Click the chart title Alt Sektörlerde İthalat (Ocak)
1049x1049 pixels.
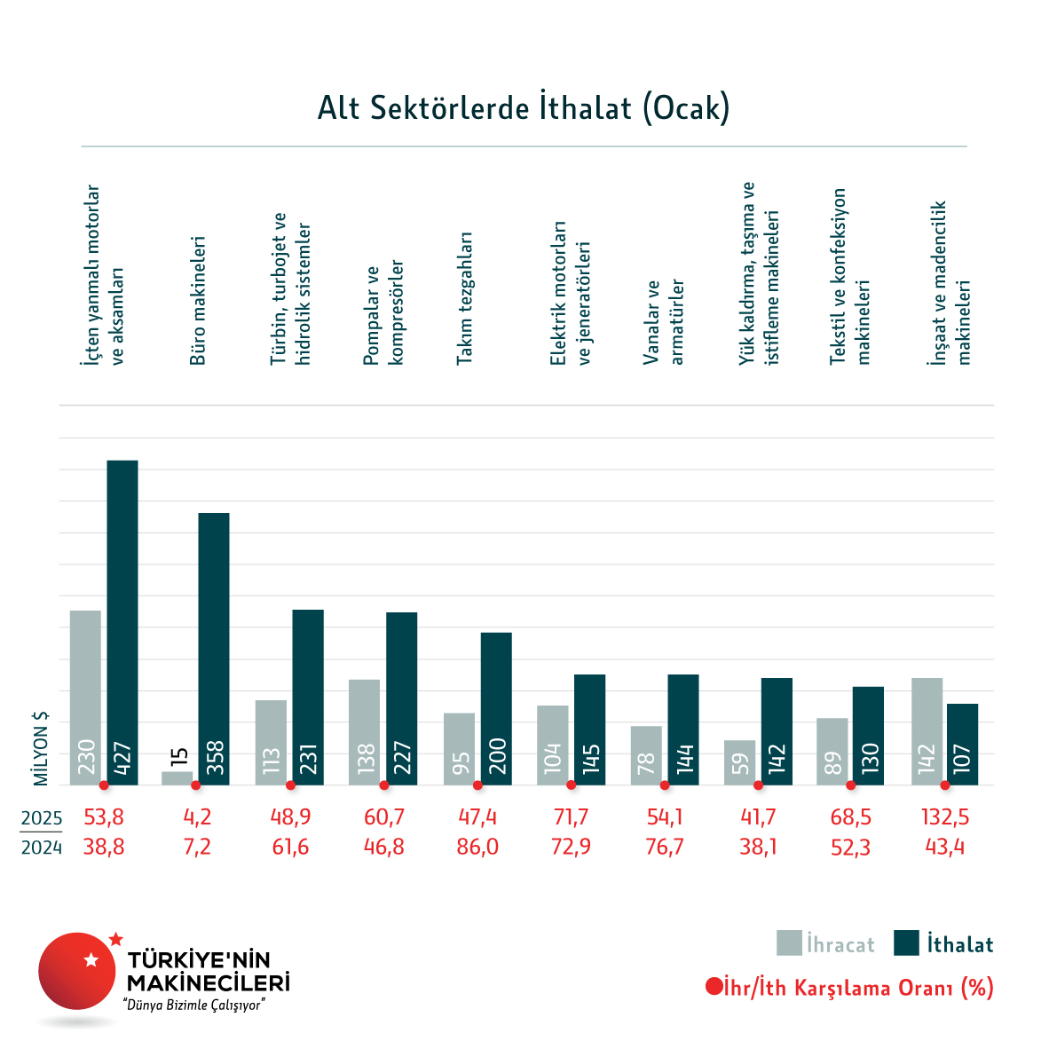click(524, 107)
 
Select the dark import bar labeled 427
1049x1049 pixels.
click(122, 621)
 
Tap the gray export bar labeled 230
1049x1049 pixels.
click(85, 697)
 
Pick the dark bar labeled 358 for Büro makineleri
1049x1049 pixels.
click(214, 648)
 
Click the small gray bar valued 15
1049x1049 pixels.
click(177, 778)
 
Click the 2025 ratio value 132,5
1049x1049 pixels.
click(944, 816)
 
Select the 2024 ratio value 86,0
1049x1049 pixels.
click(477, 848)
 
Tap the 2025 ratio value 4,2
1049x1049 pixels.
click(196, 816)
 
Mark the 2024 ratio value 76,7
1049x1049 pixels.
click(665, 848)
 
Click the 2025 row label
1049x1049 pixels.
click(42, 818)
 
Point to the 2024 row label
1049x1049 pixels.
click(42, 848)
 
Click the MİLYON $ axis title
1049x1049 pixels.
click(41, 748)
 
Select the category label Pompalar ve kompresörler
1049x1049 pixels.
click(383, 313)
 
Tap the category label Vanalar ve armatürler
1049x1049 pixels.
click(664, 322)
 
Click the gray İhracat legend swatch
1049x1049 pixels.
click(789, 943)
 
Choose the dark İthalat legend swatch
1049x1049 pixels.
click(906, 943)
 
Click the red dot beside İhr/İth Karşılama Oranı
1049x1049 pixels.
click(713, 987)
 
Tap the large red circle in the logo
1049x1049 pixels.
click(77, 971)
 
